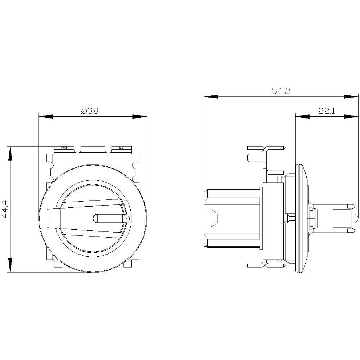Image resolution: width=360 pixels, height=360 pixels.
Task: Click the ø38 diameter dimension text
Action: [90, 112]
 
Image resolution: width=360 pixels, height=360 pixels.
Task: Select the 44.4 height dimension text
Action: [5, 210]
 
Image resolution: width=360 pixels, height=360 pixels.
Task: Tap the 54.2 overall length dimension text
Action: [281, 91]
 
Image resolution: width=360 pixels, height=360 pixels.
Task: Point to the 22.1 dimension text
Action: [327, 111]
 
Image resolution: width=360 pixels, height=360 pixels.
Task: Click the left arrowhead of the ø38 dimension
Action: [46, 117]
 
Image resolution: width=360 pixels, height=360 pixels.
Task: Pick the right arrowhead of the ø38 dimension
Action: [140, 117]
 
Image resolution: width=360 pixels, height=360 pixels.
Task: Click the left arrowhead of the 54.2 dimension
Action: [211, 96]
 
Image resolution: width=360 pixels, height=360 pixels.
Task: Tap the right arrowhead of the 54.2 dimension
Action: [351, 96]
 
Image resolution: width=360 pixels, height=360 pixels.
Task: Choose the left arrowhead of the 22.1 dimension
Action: [302, 116]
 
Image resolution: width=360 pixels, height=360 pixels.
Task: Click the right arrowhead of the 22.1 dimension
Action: [351, 116]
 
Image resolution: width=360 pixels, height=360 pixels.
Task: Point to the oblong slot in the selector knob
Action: [110, 219]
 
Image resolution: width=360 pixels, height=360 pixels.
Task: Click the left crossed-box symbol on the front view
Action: [64, 148]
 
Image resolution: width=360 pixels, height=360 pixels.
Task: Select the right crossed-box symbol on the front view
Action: [121, 148]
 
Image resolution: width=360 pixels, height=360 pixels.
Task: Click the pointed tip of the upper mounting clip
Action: [285, 148]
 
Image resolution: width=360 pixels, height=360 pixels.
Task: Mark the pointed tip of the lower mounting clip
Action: [285, 266]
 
